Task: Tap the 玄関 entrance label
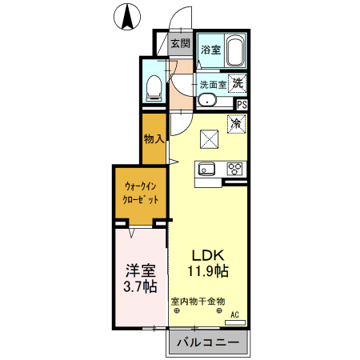click(x=180, y=43)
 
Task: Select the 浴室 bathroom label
click(x=210, y=50)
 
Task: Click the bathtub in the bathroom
click(x=235, y=51)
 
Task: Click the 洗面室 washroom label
click(x=213, y=83)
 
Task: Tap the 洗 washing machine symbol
click(x=238, y=81)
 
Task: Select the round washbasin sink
click(x=206, y=101)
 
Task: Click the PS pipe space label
click(x=242, y=104)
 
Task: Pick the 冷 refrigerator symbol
click(x=236, y=124)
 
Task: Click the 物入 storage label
click(x=153, y=138)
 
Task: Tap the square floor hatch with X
click(x=210, y=139)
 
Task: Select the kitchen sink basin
click(x=206, y=169)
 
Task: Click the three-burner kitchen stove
click(x=235, y=169)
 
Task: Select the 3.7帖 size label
click(x=139, y=286)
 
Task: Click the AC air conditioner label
click(x=235, y=316)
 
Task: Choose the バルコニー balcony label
click(x=206, y=343)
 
